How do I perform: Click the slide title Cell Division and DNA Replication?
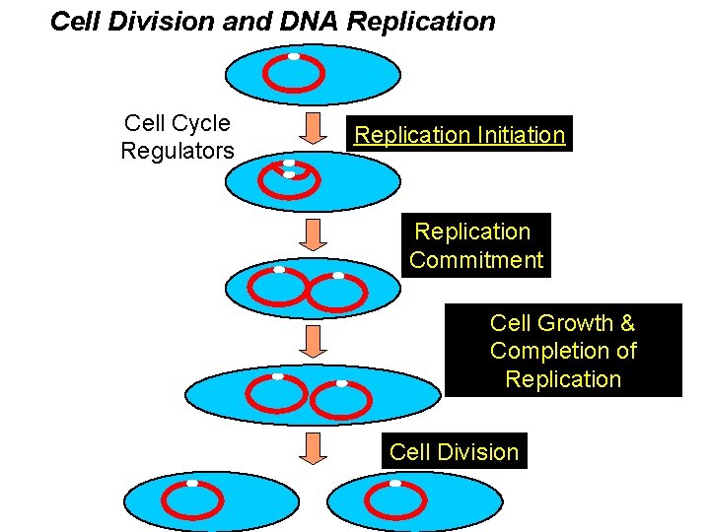coord(272,22)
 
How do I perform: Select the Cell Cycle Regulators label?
coord(177,137)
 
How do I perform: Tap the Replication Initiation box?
coord(460,135)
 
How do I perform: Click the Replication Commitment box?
coord(476,246)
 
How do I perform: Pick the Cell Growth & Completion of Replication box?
coord(563,351)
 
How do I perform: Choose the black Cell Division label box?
coord(454,452)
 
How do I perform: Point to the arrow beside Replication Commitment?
coord(313,234)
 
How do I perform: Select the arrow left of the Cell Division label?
coord(313,449)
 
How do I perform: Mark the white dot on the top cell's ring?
coord(294,56)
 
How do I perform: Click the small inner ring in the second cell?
coord(296,177)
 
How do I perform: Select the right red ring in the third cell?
coord(337,293)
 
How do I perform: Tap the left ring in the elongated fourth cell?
coord(276,394)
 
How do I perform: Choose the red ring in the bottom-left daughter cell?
coord(191,501)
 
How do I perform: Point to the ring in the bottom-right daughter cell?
coord(394,501)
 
